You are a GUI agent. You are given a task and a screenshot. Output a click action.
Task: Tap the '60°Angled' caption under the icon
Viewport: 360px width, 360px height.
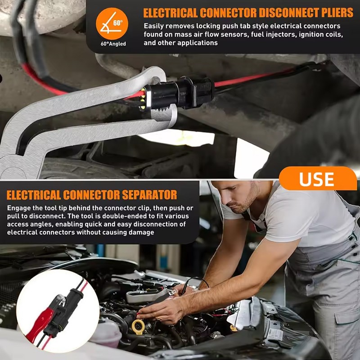pos(113,44)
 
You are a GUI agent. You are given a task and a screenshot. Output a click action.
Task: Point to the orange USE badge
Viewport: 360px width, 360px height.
pos(317,179)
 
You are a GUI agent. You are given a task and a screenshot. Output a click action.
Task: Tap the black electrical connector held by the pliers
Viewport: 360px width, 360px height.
pos(180,94)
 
